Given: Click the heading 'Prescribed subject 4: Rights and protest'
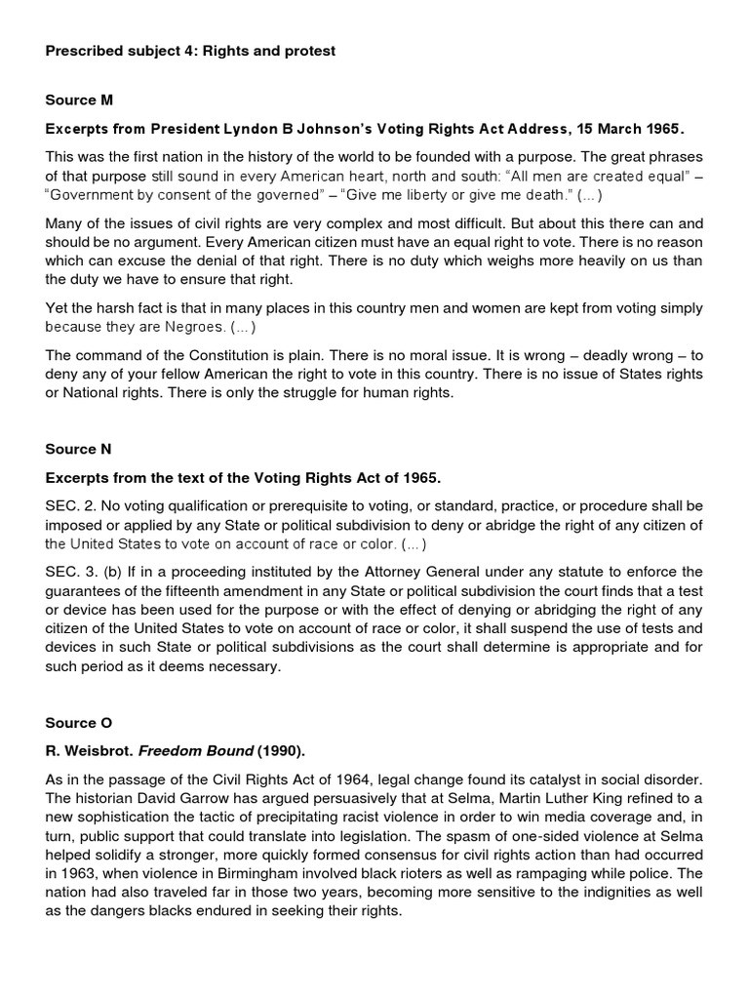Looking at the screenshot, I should click(190, 51).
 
